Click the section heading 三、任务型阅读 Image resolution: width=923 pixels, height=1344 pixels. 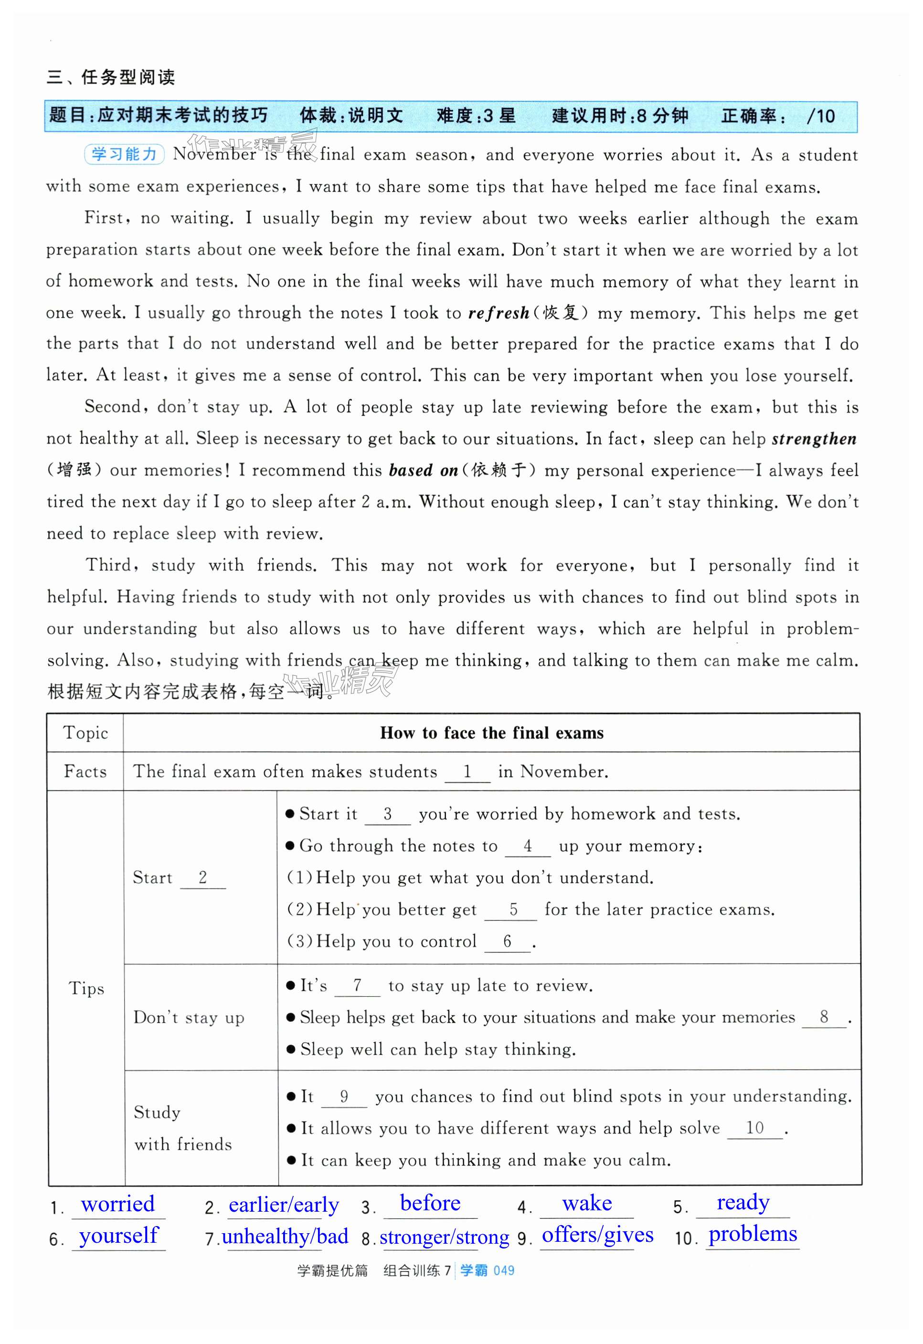[110, 77]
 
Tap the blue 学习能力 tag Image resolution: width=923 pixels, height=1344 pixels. [124, 154]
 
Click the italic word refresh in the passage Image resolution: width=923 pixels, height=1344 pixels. [499, 313]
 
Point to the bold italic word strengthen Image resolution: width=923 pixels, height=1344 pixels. [814, 439]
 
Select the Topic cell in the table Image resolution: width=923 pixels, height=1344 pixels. [85, 733]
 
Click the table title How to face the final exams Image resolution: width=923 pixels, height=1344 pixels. [491, 733]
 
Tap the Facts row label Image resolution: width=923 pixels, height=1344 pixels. [85, 771]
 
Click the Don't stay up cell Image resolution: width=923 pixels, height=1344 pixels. [189, 1017]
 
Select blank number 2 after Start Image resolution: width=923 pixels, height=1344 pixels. [202, 877]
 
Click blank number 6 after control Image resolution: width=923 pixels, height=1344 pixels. [507, 941]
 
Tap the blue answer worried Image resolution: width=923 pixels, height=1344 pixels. [118, 1204]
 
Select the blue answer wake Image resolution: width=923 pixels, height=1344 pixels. [586, 1204]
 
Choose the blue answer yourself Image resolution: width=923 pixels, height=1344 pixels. [118, 1236]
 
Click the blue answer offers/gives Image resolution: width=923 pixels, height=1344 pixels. [597, 1235]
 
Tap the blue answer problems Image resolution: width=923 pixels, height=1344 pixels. [753, 1234]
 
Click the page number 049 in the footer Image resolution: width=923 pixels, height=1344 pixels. [504, 1270]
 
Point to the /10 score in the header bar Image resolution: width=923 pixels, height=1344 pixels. [821, 116]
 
